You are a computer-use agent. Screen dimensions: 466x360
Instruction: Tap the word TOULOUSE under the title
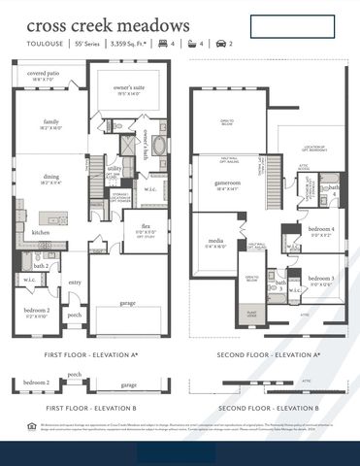coord(44,44)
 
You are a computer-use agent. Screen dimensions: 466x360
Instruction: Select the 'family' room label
coord(50,121)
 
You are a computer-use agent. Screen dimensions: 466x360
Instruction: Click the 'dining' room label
coord(50,176)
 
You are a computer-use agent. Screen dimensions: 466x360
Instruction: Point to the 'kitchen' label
coord(41,233)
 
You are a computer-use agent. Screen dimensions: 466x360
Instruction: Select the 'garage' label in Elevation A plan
coord(128,303)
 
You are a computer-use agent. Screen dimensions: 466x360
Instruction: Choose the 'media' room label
coord(214,241)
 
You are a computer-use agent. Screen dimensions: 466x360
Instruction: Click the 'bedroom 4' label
coord(321,229)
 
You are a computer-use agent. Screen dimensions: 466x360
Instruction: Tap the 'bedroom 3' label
coord(321,279)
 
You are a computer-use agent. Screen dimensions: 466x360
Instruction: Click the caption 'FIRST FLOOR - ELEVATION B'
coord(92,408)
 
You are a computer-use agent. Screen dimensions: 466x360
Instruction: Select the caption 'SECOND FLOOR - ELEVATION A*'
coord(268,356)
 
